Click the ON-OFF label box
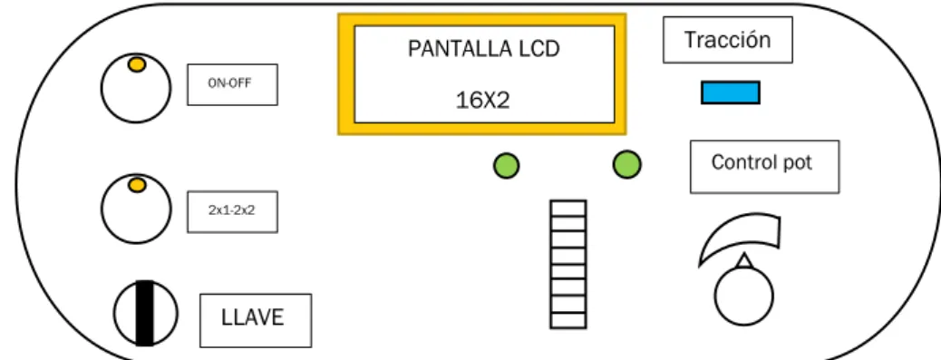[232, 84]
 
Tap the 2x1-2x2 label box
[232, 212]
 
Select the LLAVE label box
[256, 320]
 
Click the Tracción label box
[727, 40]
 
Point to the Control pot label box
[764, 167]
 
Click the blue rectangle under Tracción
[731, 93]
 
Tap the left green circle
[507, 166]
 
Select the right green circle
[627, 164]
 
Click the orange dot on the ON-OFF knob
[137, 64]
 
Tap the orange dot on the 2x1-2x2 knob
[138, 185]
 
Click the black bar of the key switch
[145, 313]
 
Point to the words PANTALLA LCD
[484, 49]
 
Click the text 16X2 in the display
[483, 101]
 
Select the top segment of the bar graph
[568, 209]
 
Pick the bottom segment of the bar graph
[568, 320]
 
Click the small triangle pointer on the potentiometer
[744, 261]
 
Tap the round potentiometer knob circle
[744, 297]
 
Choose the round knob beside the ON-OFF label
[136, 88]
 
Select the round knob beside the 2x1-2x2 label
[136, 209]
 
